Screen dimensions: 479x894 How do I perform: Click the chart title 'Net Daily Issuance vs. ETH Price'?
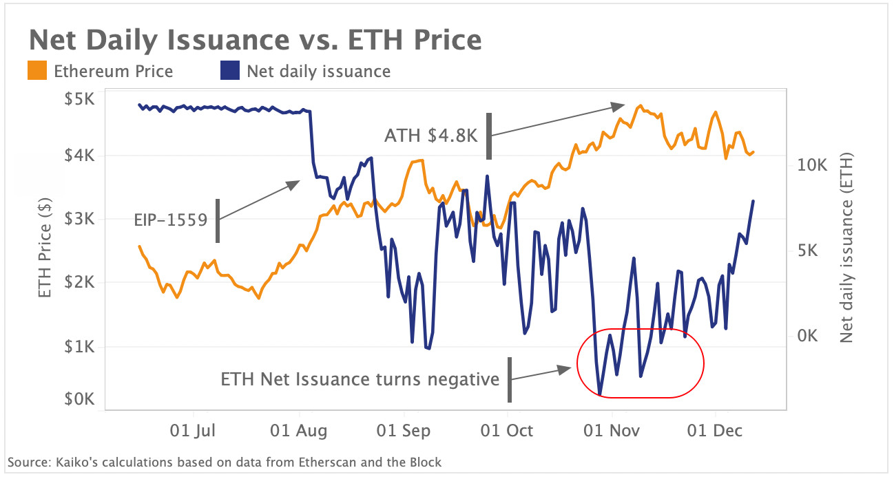[x=255, y=39]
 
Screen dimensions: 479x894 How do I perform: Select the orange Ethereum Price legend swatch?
[x=38, y=71]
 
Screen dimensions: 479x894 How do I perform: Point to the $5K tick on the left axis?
[x=81, y=100]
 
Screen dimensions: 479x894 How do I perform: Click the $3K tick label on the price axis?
[x=81, y=220]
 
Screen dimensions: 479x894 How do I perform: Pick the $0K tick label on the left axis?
[x=81, y=398]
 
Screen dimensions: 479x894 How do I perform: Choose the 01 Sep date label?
[x=404, y=431]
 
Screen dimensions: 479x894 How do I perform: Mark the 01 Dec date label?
[x=716, y=431]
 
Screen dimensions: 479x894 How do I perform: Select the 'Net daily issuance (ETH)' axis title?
[x=846, y=248]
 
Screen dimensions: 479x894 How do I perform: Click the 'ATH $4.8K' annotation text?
[x=430, y=135]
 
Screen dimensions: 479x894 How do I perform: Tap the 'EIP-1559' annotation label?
[x=171, y=220]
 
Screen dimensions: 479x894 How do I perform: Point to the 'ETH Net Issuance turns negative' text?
[x=360, y=379]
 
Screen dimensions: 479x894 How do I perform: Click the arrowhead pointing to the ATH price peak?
[x=618, y=106]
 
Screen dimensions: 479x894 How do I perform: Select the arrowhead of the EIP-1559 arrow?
[x=295, y=184]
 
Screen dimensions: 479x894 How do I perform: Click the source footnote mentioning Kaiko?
[x=224, y=462]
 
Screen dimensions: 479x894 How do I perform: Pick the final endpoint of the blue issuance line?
[x=753, y=201]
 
